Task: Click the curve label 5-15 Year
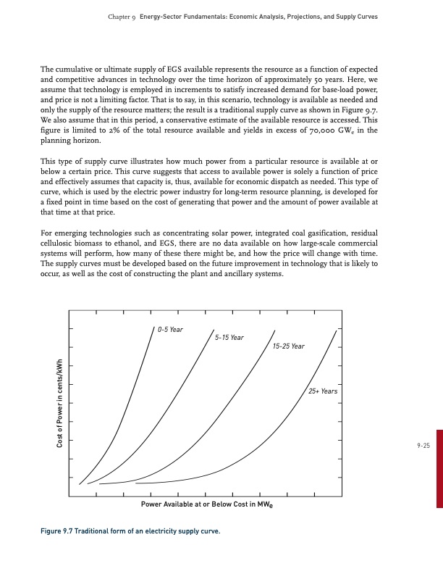[229, 338]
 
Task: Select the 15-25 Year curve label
[289, 346]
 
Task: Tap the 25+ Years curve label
[323, 391]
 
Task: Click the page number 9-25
[423, 446]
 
